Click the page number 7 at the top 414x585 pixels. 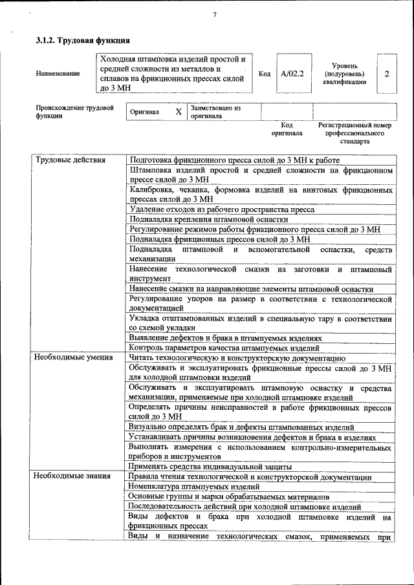point(213,16)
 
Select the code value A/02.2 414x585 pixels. point(292,74)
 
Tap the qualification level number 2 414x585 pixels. point(386,74)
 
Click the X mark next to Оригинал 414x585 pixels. point(179,112)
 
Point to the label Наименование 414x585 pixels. point(58,74)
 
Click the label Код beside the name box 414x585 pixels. point(264,74)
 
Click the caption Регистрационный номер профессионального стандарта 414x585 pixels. point(354,133)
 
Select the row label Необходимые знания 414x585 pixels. point(68,476)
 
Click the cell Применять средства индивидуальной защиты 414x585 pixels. point(210,466)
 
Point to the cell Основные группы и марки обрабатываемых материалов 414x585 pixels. point(228,496)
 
